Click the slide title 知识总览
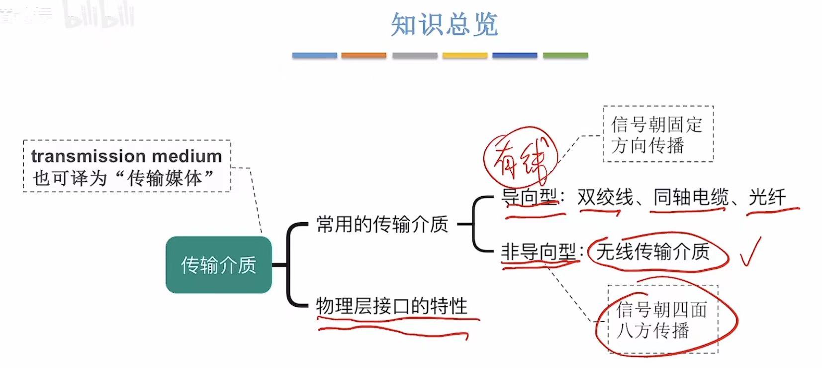444,24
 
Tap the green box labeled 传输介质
218,265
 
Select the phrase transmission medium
126,156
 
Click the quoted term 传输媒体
164,178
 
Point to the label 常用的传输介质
382,224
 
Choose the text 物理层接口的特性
392,306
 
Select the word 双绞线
605,198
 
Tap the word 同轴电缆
691,198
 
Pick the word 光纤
767,198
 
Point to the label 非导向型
538,251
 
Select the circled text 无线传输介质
652,251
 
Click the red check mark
750,252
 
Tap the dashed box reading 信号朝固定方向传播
657,134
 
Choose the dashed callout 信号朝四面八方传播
662,319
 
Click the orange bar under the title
364,55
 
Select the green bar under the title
565,55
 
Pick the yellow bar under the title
464,55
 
